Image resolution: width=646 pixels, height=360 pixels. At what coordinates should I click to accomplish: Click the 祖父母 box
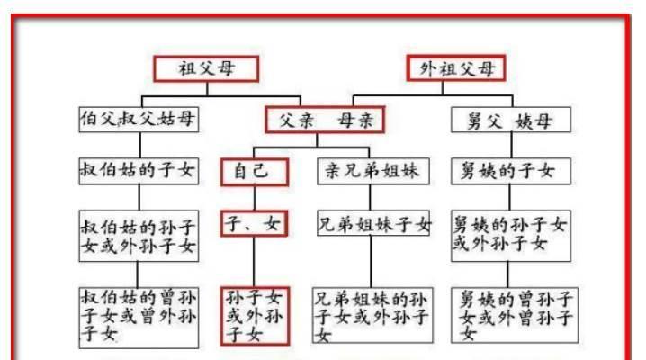click(x=206, y=68)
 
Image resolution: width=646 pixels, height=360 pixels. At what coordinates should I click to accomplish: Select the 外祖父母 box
click(x=456, y=68)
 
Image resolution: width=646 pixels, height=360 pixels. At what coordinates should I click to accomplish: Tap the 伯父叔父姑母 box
click(x=139, y=120)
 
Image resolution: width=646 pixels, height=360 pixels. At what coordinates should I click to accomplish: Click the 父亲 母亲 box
click(x=325, y=120)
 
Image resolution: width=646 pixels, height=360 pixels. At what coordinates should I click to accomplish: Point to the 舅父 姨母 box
click(x=511, y=120)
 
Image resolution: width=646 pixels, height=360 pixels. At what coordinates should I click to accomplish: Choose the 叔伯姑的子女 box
click(x=139, y=171)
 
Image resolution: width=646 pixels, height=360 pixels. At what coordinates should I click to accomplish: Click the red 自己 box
click(x=255, y=172)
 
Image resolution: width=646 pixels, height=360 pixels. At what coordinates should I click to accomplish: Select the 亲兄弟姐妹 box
click(x=373, y=171)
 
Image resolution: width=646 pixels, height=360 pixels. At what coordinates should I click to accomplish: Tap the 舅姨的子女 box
click(x=511, y=171)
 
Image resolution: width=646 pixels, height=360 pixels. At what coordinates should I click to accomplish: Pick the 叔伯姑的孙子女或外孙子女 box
click(x=139, y=236)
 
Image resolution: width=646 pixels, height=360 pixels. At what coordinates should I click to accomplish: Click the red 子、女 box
click(x=254, y=224)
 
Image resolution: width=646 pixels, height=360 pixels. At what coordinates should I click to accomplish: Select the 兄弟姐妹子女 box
click(x=373, y=223)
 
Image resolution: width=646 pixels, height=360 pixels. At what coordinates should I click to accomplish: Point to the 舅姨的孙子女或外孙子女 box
click(x=511, y=236)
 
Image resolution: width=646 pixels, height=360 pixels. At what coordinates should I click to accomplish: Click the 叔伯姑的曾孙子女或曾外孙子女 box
click(x=139, y=318)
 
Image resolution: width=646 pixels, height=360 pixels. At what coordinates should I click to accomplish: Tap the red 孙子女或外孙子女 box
click(x=255, y=316)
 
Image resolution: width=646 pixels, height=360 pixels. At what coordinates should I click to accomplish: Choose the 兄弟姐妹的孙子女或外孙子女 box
click(x=372, y=316)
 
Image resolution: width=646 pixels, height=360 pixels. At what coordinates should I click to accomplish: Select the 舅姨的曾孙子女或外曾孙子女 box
click(x=515, y=316)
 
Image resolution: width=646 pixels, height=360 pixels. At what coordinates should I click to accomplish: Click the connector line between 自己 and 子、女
click(x=255, y=198)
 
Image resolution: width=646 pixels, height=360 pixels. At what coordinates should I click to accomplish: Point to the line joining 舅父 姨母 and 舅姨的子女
click(x=511, y=145)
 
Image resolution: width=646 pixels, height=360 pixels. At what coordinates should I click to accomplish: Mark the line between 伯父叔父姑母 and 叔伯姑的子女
click(x=140, y=145)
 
